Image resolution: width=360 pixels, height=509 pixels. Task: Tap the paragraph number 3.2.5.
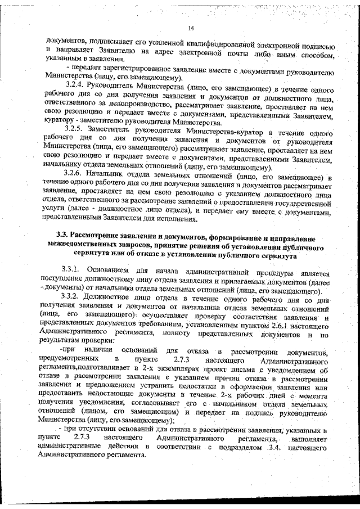(75, 128)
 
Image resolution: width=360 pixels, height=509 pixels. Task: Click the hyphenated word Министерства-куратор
(226, 128)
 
